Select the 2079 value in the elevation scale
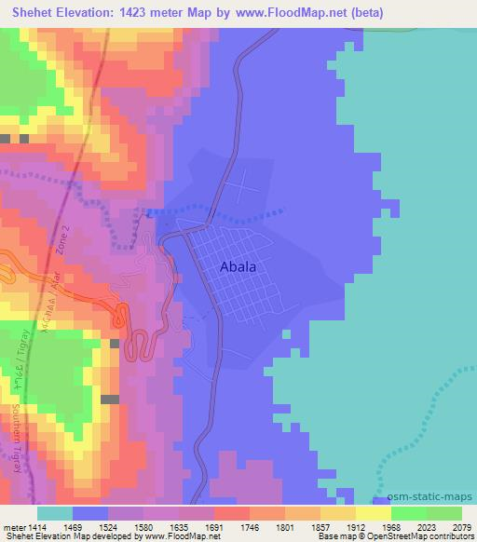click(461, 526)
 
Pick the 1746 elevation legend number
click(250, 526)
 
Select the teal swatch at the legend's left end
click(55, 513)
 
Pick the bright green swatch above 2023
click(408, 513)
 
